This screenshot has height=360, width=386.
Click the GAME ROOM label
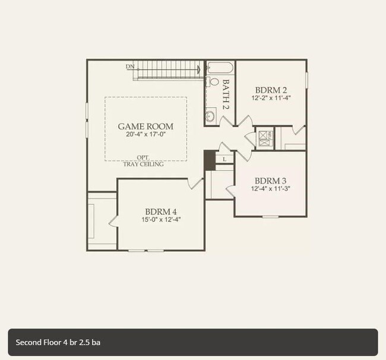(x=145, y=126)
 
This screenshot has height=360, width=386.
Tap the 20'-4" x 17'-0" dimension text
(x=145, y=135)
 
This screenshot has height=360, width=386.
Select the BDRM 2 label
(x=271, y=90)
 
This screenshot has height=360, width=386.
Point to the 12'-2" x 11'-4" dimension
(x=271, y=98)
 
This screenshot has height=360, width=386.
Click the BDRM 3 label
(x=270, y=181)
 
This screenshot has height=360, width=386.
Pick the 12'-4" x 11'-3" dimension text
(x=270, y=189)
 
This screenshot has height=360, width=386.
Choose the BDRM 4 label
(x=161, y=211)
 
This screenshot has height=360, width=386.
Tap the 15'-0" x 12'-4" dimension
(x=161, y=220)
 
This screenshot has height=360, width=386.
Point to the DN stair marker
(x=130, y=67)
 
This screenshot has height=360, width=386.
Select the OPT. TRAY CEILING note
(x=143, y=161)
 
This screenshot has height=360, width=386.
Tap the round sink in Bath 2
(x=210, y=115)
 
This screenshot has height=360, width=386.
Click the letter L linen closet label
(x=224, y=159)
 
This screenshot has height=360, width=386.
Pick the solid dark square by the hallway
(x=210, y=160)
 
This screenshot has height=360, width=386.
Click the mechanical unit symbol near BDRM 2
(x=265, y=138)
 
